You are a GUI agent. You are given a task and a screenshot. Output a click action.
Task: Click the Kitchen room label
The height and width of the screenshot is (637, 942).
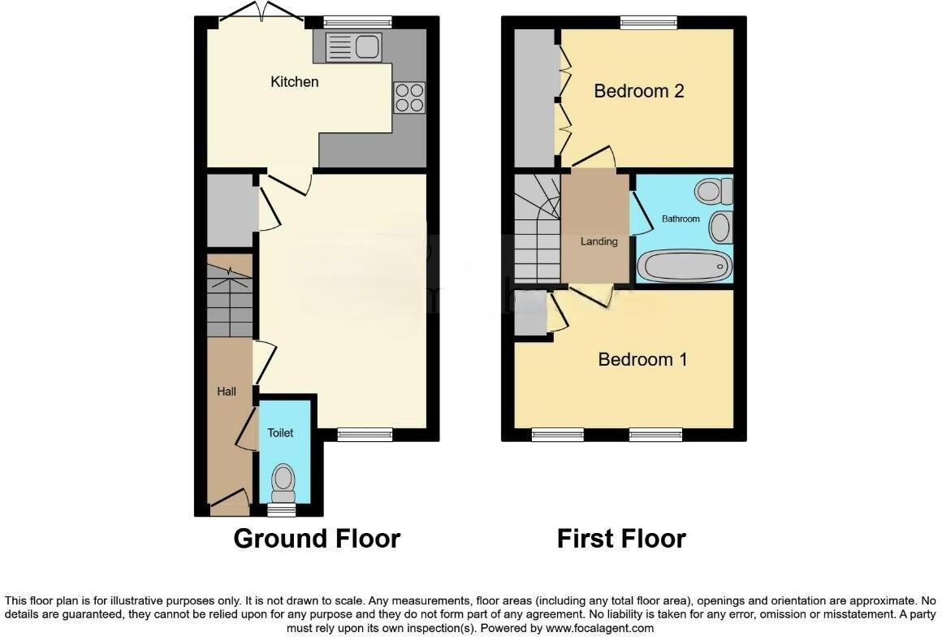pos(294,82)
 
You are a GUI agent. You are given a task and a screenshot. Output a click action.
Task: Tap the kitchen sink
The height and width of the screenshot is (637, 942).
pos(352,47)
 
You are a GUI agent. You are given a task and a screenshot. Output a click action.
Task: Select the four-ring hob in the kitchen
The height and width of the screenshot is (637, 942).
pos(409,97)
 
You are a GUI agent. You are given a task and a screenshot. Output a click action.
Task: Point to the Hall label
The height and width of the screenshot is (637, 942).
pos(227,392)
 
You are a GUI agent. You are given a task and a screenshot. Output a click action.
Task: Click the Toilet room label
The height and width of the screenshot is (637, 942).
pos(280,433)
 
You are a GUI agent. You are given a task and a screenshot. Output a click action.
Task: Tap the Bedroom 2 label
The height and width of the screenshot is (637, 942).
pos(638,90)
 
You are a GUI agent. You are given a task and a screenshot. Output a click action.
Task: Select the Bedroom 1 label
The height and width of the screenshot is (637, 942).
pos(642,358)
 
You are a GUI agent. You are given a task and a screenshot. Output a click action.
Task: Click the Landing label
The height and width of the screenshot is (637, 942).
pos(598,241)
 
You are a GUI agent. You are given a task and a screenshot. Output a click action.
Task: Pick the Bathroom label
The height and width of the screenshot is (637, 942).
pos(680,219)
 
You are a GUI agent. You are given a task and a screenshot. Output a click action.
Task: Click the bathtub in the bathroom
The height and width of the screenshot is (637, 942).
pos(684,266)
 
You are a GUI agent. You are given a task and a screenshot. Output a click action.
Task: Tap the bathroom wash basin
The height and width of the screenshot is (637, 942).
pos(719,227)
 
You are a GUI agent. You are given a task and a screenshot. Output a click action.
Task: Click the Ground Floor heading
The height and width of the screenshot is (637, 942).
pos(317,538)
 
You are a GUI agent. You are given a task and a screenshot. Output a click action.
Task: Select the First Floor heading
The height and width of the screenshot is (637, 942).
pos(621,538)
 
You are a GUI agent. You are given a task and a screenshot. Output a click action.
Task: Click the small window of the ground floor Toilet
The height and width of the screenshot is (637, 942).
pos(282,510)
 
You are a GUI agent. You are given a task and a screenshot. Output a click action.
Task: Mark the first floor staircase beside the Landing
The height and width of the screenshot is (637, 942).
pos(536,232)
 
